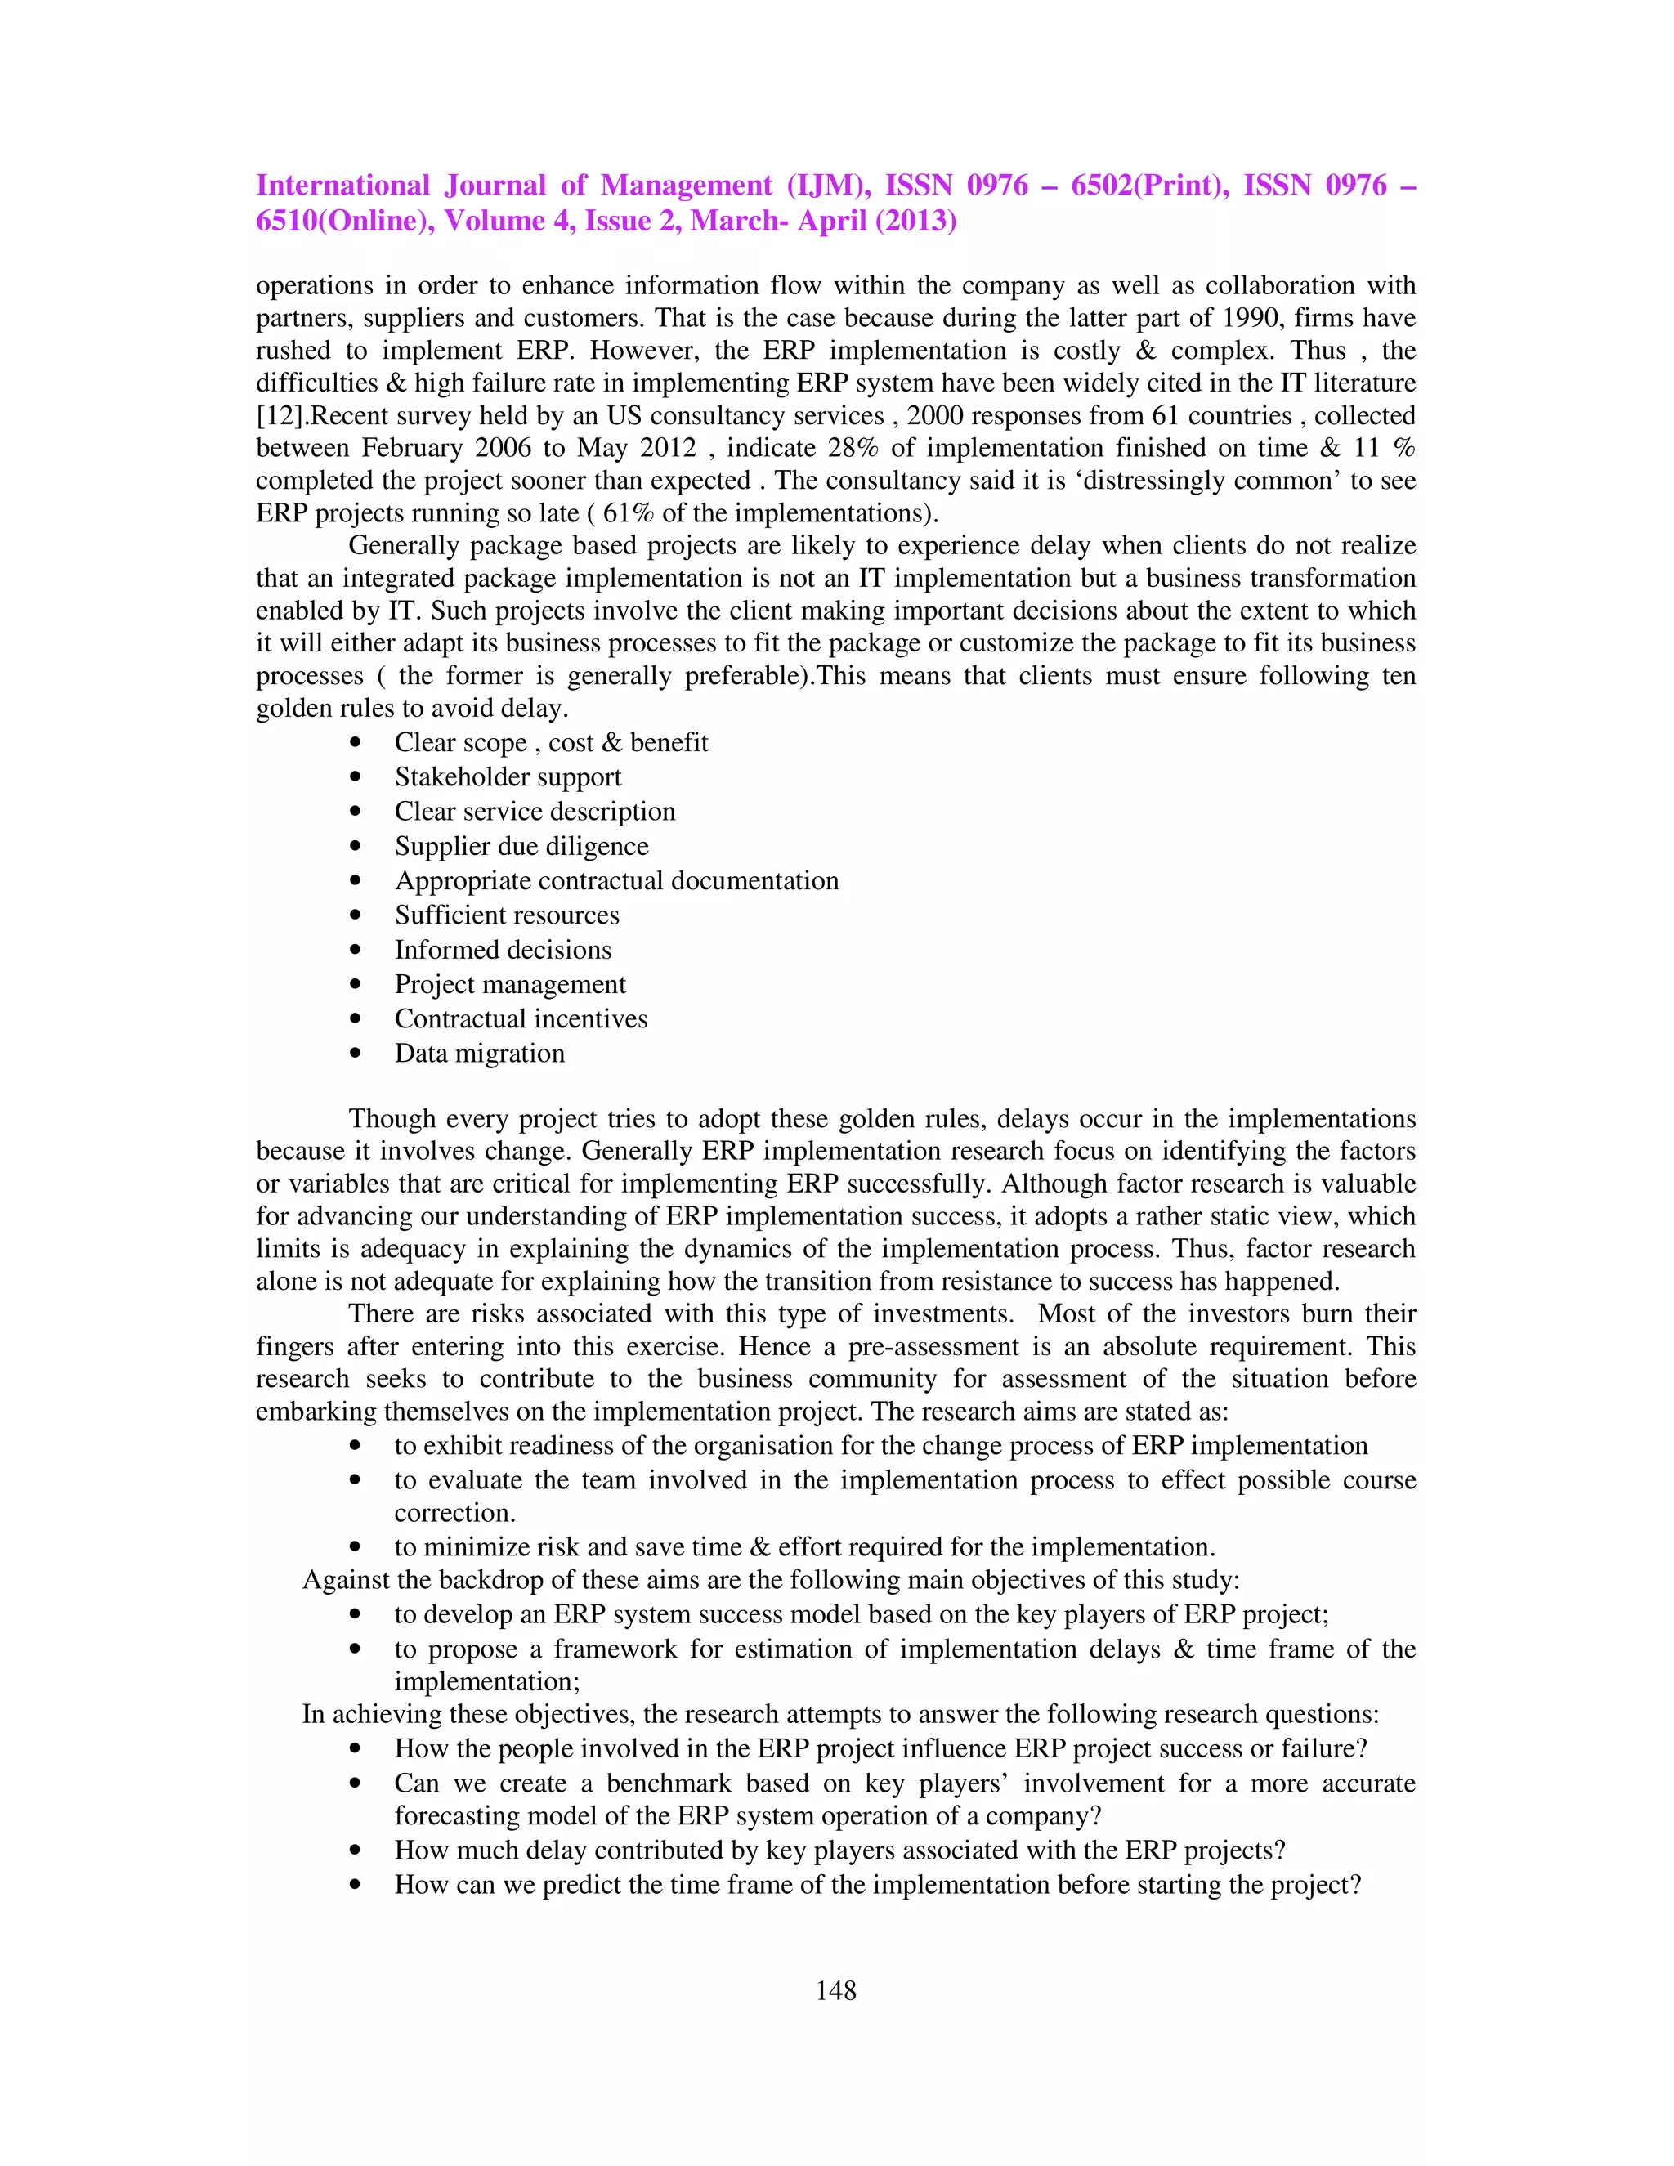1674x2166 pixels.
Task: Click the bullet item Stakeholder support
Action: [x=508, y=776]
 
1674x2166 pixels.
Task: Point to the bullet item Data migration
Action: [x=479, y=1054]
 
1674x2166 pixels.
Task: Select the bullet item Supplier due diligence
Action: [x=521, y=846]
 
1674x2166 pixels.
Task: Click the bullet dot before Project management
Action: [x=355, y=985]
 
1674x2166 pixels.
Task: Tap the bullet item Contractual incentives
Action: [x=521, y=1018]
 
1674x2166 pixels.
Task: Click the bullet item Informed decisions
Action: [x=503, y=950]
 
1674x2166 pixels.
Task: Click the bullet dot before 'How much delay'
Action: [x=355, y=1850]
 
